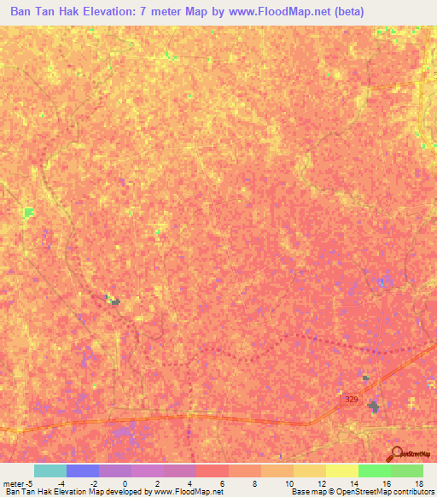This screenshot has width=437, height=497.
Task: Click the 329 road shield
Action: [x=352, y=400]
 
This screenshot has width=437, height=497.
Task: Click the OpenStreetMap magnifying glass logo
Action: [x=394, y=453]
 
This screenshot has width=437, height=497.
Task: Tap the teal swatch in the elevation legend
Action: [x=50, y=471]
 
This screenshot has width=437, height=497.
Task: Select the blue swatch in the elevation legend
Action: [x=83, y=471]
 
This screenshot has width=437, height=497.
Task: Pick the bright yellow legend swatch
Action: [x=342, y=471]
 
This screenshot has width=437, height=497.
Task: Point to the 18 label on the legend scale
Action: [x=417, y=482]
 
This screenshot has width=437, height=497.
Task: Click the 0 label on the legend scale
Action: [x=125, y=482]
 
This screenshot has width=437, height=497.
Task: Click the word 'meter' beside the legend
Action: [x=12, y=482]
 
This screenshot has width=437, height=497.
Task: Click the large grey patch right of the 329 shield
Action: [x=373, y=407]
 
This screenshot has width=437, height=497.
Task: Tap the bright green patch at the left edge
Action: [x=30, y=211]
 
